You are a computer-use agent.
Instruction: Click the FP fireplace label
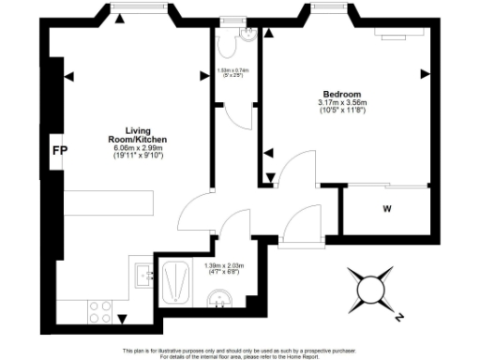click(x=59, y=150)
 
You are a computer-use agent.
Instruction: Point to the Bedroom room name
click(x=338, y=95)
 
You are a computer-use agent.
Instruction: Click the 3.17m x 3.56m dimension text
click(x=338, y=104)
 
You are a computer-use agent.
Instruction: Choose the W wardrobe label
click(x=386, y=208)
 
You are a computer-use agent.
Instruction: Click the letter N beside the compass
click(x=399, y=317)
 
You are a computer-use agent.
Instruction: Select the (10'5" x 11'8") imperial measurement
click(x=338, y=113)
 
